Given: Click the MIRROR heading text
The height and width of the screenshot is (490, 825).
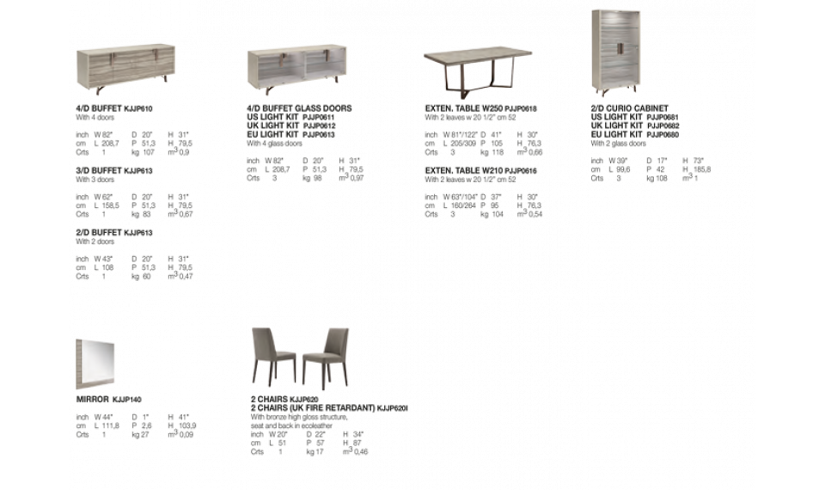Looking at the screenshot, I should pyautogui.click(x=95, y=400).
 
